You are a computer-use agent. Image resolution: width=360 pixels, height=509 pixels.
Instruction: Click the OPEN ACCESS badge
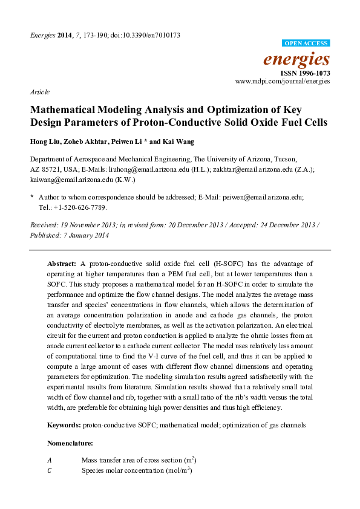(306, 44)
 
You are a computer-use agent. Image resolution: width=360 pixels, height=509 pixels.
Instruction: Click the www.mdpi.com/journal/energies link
(282, 80)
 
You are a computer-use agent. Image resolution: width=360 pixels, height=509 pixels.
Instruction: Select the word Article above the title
(39, 92)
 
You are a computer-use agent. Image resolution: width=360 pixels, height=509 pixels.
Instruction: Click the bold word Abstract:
(62, 264)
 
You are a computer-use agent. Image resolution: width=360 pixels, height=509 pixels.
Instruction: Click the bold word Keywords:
(64, 425)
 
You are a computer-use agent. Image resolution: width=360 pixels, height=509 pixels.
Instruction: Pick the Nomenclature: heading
(70, 443)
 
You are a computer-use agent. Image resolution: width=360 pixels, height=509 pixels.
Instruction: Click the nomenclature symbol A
(50, 460)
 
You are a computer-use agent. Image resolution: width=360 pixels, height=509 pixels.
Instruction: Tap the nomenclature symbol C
(50, 470)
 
